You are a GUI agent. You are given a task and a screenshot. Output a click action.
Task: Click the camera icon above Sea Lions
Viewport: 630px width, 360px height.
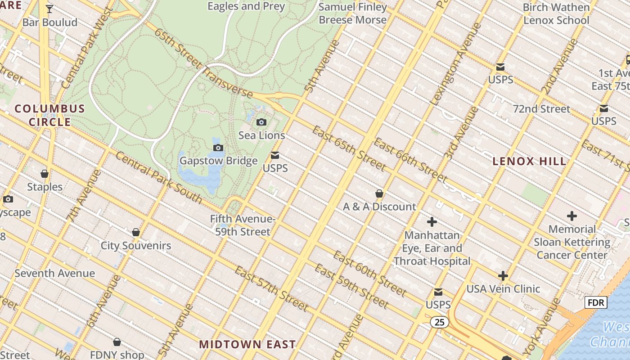[261, 122]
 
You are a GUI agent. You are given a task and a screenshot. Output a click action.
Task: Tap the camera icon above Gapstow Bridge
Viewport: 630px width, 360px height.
[218, 148]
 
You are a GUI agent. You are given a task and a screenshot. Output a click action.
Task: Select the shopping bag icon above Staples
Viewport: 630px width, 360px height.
[45, 174]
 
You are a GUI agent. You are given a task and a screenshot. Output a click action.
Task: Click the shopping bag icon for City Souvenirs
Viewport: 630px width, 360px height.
[135, 232]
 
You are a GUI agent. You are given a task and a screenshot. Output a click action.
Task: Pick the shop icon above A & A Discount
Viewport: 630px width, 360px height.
[379, 193]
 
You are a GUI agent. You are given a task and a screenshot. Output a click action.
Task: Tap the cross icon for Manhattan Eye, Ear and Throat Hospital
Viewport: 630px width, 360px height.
[432, 222]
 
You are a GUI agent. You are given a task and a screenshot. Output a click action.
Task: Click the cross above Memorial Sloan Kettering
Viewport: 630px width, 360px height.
[571, 216]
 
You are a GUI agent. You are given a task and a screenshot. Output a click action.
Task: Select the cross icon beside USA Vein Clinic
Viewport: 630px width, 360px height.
[503, 276]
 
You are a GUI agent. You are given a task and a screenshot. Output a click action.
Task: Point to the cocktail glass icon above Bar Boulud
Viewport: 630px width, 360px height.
[49, 9]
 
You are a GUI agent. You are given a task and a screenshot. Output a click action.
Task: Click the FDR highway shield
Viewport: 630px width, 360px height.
[596, 302]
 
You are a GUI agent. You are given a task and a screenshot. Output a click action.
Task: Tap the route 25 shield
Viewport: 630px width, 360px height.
[439, 322]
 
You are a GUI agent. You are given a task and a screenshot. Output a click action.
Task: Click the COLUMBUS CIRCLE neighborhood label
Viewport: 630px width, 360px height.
[49, 115]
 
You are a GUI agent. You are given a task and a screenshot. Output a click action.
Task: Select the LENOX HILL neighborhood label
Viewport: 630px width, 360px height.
[529, 161]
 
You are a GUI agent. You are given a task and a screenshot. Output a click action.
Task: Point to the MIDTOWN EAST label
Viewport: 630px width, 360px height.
[247, 344]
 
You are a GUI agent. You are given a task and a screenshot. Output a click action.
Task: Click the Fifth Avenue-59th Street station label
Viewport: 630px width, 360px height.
[242, 225]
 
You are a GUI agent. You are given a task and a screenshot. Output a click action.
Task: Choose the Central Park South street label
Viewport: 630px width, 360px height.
[159, 177]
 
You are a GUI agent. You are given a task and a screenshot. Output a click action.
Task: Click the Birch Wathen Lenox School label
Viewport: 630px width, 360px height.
[556, 14]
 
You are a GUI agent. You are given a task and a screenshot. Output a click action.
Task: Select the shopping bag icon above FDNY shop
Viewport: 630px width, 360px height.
[117, 342]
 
